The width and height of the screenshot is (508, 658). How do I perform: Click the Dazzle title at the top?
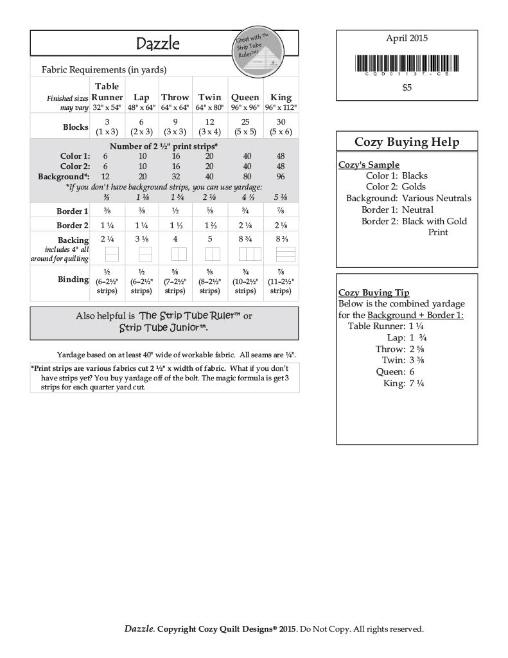[x=157, y=44]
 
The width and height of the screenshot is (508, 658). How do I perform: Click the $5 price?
[x=407, y=88]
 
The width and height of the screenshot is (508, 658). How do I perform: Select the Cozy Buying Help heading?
[x=407, y=142]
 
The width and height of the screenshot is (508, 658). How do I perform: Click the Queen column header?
[x=245, y=98]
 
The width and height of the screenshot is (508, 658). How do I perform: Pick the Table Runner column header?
[x=107, y=92]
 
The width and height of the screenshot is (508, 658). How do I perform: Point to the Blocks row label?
[x=76, y=127]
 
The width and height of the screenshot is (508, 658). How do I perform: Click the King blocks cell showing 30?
[x=281, y=122]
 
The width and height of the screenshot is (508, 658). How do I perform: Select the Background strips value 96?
[x=281, y=176]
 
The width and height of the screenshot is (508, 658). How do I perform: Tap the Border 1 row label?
[x=73, y=211]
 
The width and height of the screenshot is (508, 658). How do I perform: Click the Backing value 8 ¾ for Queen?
[x=245, y=239]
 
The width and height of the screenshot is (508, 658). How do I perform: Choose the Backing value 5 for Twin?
[x=210, y=239]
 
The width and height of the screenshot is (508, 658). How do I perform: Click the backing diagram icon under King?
[x=281, y=253]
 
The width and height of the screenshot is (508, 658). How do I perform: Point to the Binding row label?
[x=73, y=280]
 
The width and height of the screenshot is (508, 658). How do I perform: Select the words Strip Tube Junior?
[x=163, y=328]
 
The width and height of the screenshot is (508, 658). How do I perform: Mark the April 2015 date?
[x=407, y=39]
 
